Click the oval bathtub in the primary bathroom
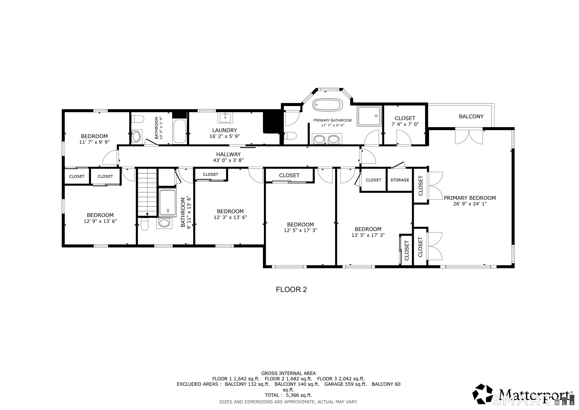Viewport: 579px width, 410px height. point(327,105)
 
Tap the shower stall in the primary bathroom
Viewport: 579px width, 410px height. point(369,116)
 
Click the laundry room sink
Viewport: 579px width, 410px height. point(225,118)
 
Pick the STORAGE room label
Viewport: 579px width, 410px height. point(399,180)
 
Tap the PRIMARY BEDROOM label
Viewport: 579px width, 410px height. point(470,198)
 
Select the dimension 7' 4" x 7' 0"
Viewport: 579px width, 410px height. point(405,124)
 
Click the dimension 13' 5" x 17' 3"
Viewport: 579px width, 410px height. point(368,235)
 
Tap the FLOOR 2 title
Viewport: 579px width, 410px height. point(291,289)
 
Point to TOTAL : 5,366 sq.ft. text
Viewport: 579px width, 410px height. point(288,395)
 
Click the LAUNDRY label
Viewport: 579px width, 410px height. point(225,130)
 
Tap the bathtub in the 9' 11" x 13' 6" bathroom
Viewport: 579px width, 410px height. point(168,203)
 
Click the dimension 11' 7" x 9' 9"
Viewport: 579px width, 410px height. point(94,142)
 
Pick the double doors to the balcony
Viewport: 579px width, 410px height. point(469,137)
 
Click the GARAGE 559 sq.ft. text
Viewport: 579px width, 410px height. point(345,384)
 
